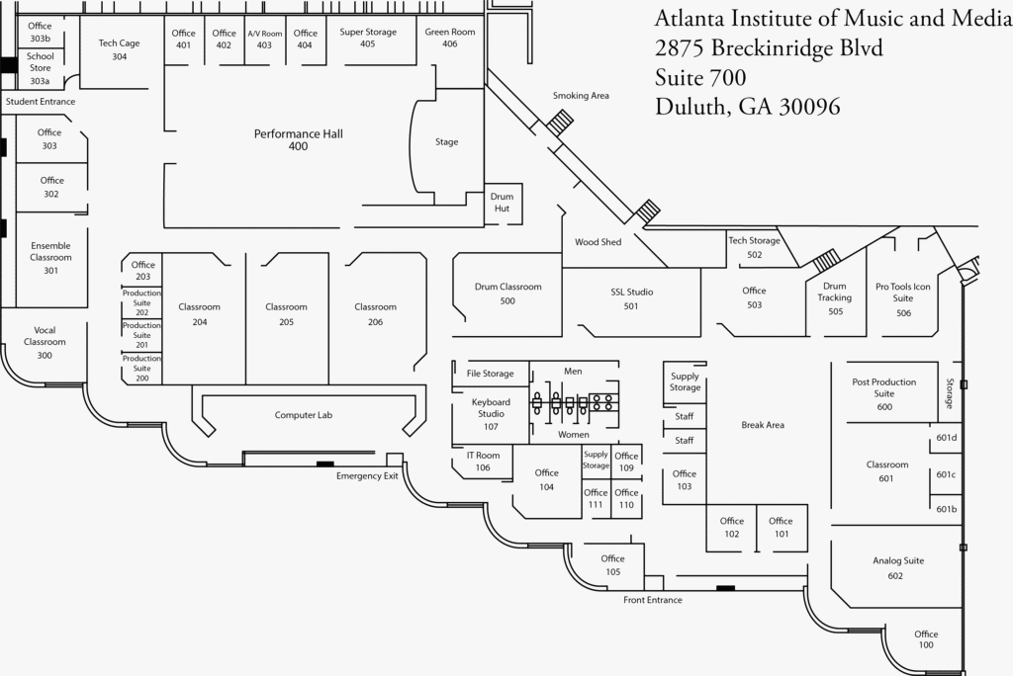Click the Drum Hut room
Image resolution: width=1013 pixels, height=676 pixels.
pyautogui.click(x=503, y=203)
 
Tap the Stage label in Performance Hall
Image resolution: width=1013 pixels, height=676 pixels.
pyautogui.click(x=447, y=142)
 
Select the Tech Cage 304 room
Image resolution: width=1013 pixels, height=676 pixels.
pyautogui.click(x=119, y=50)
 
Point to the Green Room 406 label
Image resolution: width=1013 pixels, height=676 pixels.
pyautogui.click(x=450, y=38)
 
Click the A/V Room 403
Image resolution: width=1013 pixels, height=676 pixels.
pyautogui.click(x=264, y=40)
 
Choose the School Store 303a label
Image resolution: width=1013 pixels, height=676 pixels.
pyautogui.click(x=40, y=68)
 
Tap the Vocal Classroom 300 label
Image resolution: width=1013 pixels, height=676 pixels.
pyautogui.click(x=45, y=343)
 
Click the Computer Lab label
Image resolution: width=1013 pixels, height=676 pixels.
pyautogui.click(x=304, y=415)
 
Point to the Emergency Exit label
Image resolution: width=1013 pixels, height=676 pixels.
pyautogui.click(x=367, y=476)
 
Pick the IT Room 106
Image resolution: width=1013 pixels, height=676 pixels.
pyautogui.click(x=483, y=462)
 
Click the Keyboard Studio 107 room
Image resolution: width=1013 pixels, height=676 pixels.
pyautogui.click(x=491, y=414)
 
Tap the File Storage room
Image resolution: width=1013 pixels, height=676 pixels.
pyautogui.click(x=491, y=374)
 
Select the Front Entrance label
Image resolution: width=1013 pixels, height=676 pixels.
pyautogui.click(x=652, y=600)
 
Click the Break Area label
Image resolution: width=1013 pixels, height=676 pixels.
pyautogui.click(x=762, y=425)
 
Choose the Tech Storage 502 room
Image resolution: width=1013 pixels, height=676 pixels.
pyautogui.click(x=754, y=247)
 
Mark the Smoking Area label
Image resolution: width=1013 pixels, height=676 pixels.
pyautogui.click(x=581, y=96)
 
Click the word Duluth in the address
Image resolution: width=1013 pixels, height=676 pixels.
pyautogui.click(x=688, y=107)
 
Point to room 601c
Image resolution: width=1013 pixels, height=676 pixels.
pyautogui.click(x=946, y=475)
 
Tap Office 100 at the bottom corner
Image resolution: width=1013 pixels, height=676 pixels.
pyautogui.click(x=925, y=639)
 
